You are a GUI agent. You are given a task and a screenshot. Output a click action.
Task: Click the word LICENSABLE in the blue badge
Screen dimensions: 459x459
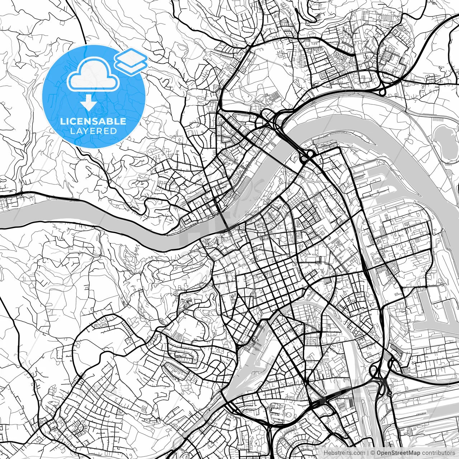tap(93, 121)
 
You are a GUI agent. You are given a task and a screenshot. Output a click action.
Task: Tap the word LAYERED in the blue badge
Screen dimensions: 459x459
tap(93, 131)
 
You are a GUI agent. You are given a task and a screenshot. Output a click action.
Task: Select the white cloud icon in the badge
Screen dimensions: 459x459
tap(93, 74)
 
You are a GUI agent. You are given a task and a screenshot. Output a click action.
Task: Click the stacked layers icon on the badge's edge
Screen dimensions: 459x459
tap(131, 61)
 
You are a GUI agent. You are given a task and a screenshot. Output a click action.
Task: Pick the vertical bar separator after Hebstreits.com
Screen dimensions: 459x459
tap(367, 453)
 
